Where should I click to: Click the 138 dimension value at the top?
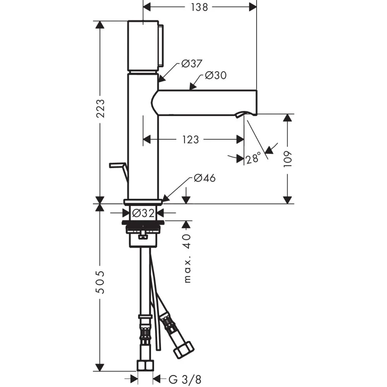click(x=199, y=7)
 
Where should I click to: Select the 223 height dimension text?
click(x=101, y=109)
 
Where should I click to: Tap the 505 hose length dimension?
click(x=100, y=282)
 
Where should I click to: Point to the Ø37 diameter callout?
click(x=192, y=64)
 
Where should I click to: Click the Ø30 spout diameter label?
click(x=216, y=75)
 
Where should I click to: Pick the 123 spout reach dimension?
click(x=190, y=140)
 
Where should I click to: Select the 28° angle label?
click(x=253, y=158)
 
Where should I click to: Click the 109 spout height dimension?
click(x=288, y=159)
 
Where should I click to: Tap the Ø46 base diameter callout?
click(x=205, y=178)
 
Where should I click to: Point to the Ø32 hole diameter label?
click(x=144, y=213)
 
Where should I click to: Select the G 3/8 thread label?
click(x=185, y=380)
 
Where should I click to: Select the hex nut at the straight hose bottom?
click(x=145, y=366)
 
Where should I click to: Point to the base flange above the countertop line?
click(x=143, y=202)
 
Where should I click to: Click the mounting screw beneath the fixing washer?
click(x=143, y=235)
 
